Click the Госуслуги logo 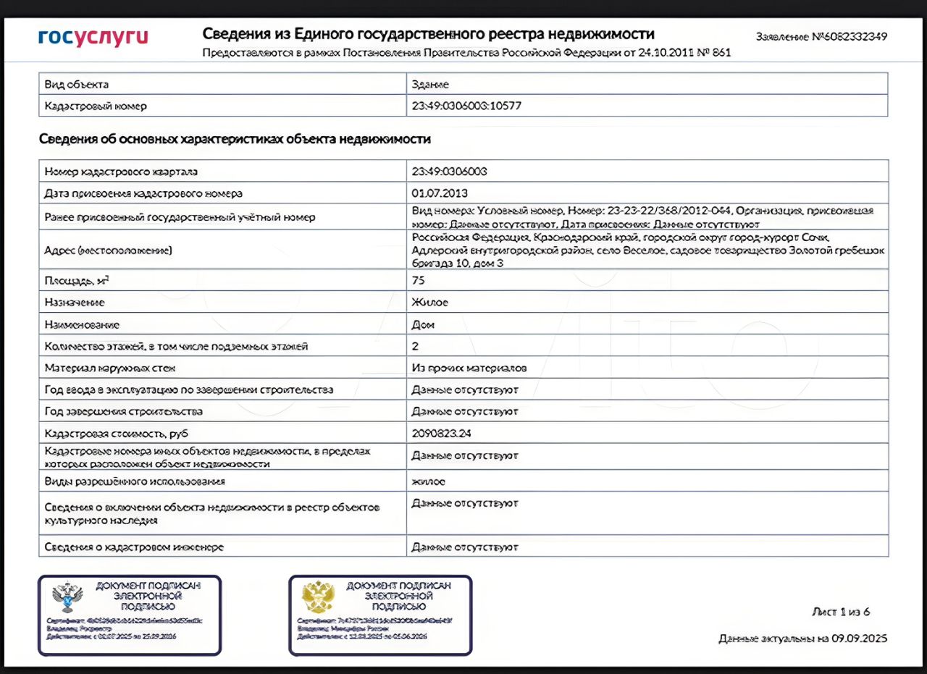point(93,37)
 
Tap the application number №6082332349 point(821,36)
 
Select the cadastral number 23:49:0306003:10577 point(466,106)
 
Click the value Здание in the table point(430,85)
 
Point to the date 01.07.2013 point(440,193)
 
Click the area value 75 point(418,280)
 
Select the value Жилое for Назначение point(429,303)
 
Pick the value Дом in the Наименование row point(423,325)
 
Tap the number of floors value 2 point(415,346)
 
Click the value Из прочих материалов point(469,368)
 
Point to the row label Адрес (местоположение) point(108,250)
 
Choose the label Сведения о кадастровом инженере point(134,547)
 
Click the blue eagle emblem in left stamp point(67,598)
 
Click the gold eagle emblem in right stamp point(318,597)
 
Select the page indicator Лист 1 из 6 point(840,612)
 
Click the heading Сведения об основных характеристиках point(235,139)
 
